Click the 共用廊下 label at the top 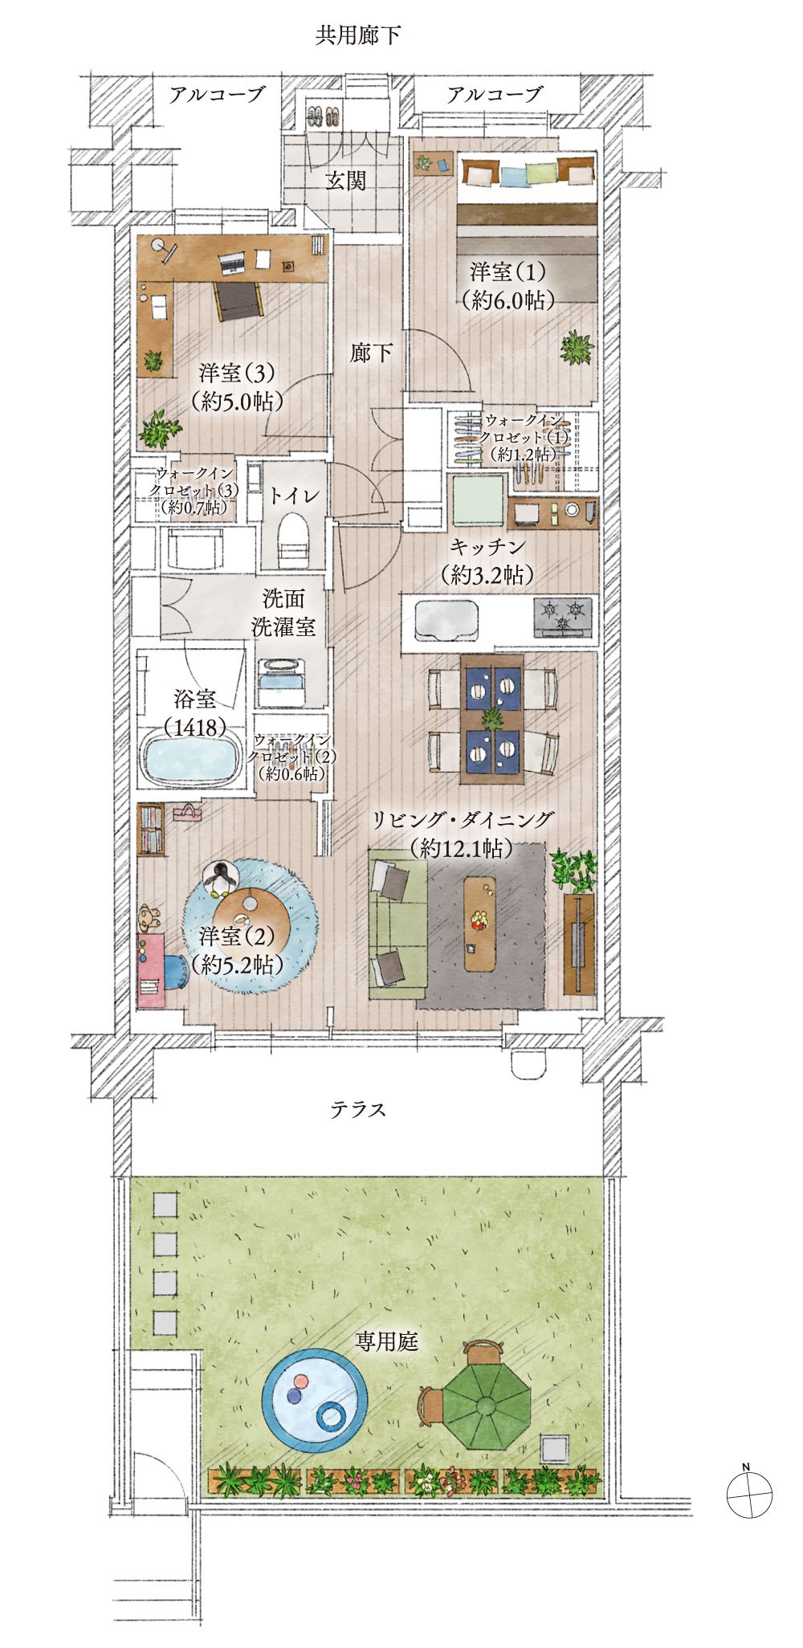[x=358, y=36]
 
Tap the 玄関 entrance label [x=345, y=181]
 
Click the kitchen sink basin [x=446, y=619]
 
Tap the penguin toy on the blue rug [x=219, y=879]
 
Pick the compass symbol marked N [x=748, y=1495]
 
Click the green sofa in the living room [x=396, y=928]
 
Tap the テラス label [x=358, y=1109]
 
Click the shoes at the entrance [x=325, y=116]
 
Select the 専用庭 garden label [x=387, y=1341]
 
